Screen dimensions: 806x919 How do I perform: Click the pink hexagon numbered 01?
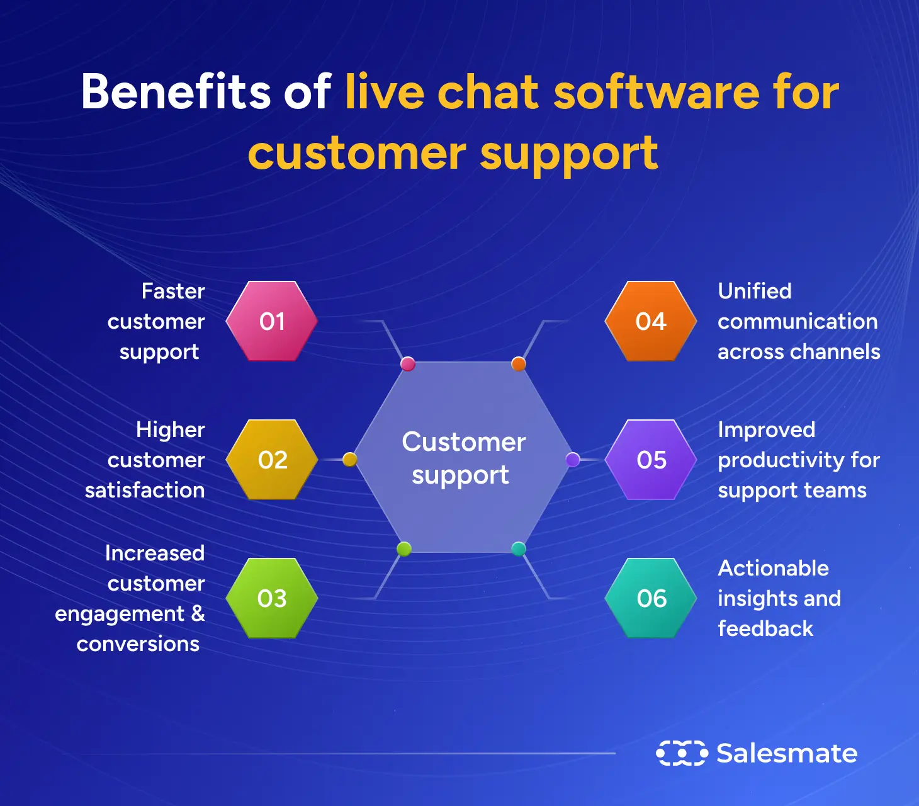[x=272, y=321]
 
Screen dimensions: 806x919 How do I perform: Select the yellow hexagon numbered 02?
[x=272, y=460]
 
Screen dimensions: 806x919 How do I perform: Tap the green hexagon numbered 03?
[x=272, y=598]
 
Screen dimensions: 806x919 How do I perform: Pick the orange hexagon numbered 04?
[x=651, y=321]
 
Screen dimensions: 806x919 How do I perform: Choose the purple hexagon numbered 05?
[x=651, y=460]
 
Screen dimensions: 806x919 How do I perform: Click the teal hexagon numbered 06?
[x=651, y=598]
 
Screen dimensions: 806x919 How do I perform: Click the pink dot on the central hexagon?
[x=408, y=364]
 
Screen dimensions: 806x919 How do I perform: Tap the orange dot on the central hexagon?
[x=519, y=364]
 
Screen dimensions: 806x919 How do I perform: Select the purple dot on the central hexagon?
[x=573, y=459]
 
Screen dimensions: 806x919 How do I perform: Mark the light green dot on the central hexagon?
[x=404, y=549]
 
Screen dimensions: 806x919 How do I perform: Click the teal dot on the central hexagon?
[x=519, y=549]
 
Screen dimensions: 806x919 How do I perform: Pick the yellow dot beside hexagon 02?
[x=350, y=460]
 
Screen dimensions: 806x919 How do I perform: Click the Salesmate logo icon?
[x=682, y=753]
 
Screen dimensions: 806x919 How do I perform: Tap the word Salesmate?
[x=787, y=753]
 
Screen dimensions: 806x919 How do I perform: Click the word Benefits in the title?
[x=176, y=92]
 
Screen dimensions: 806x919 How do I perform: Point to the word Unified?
[x=755, y=291]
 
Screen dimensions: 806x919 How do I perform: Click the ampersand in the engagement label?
[x=198, y=613]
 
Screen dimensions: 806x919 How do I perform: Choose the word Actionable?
[x=774, y=568]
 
